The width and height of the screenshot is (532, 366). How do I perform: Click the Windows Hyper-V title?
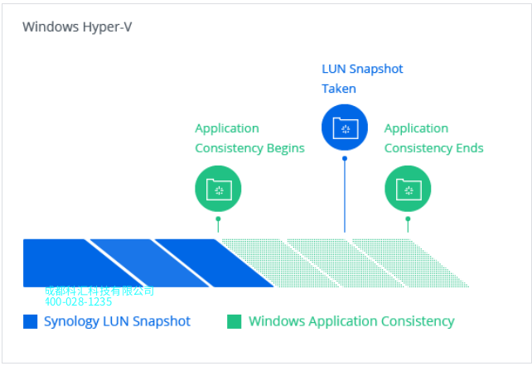click(77, 26)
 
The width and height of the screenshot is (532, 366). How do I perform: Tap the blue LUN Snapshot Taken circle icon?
click(344, 128)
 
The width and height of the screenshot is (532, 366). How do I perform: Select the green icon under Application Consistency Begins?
click(218, 190)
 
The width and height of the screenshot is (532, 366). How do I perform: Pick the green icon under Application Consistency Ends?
click(408, 190)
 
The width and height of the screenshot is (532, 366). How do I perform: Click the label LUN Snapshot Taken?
click(362, 79)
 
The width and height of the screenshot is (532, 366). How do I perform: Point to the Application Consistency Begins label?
click(249, 138)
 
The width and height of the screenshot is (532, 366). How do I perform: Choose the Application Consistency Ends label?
click(433, 138)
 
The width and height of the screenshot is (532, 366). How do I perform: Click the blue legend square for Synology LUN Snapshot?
click(31, 322)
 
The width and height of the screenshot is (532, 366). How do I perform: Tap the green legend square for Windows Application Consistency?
click(235, 322)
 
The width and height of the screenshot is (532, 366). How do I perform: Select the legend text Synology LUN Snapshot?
click(117, 321)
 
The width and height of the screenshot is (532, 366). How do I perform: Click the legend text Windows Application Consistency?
click(351, 321)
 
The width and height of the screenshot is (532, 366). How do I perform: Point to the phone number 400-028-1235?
click(79, 302)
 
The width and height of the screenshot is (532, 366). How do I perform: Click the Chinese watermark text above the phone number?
click(99, 291)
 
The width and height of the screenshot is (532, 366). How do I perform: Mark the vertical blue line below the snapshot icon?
click(345, 195)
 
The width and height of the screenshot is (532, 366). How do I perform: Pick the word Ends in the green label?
click(469, 148)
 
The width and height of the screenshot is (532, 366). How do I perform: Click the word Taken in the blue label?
click(339, 89)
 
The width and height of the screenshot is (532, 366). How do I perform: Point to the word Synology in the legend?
click(71, 321)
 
